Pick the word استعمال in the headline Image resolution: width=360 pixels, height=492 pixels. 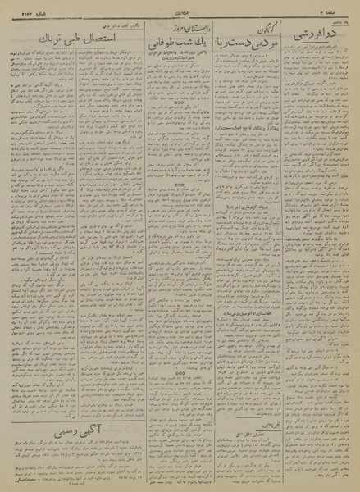(111, 39)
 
